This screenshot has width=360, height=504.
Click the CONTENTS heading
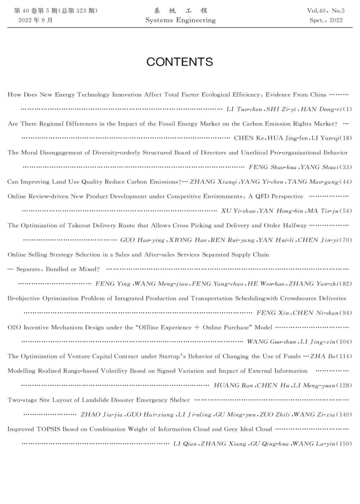[180, 62]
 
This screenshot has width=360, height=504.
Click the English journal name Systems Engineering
[180, 20]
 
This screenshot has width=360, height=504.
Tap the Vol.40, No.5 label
[326, 10]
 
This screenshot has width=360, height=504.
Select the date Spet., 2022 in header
[326, 20]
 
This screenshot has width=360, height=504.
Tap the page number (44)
[346, 182]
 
